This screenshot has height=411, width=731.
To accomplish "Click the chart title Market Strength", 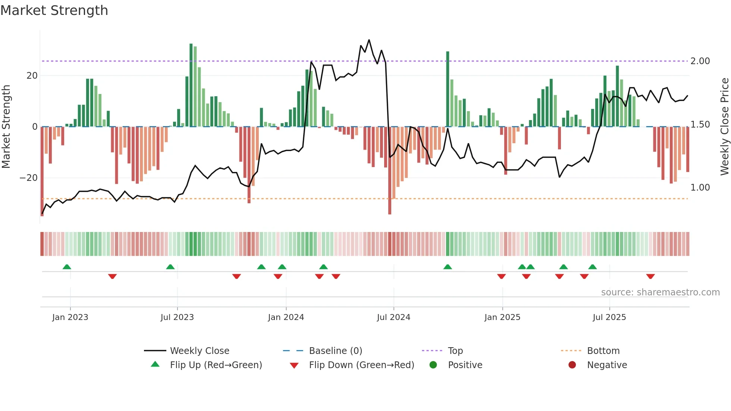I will click(54, 10).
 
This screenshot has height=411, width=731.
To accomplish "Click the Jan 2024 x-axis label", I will click(286, 317).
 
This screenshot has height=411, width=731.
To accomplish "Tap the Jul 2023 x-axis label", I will click(177, 317).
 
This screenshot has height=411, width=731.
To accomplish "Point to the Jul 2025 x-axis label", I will click(609, 317).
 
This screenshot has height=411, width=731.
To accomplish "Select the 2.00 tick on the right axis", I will click(700, 61).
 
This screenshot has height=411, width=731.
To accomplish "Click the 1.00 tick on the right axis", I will click(700, 188).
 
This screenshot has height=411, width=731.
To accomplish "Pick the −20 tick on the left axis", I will click(29, 178).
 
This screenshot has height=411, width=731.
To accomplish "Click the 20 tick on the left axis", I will click(32, 76).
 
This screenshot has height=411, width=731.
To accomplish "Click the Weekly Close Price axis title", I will click(724, 127).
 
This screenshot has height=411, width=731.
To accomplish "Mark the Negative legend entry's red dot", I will click(572, 365).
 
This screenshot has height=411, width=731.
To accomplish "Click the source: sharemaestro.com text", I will click(660, 292).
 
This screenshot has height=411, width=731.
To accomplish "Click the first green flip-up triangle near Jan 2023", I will click(67, 267).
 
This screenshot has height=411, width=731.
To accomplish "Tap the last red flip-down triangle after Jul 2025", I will click(650, 276).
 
